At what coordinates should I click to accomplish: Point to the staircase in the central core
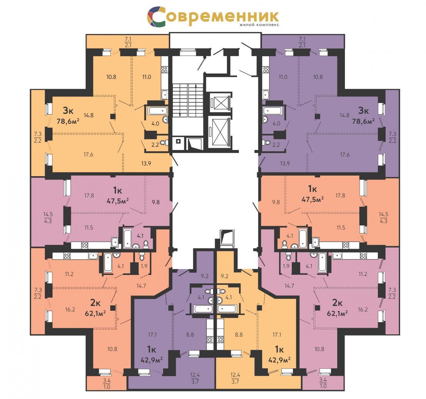click(x=188, y=100)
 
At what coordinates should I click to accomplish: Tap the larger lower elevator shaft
click(x=221, y=133)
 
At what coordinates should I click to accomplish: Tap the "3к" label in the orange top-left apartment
click(x=68, y=110)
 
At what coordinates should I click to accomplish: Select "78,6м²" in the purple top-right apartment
click(x=363, y=121)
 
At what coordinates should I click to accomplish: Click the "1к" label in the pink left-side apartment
click(x=118, y=190)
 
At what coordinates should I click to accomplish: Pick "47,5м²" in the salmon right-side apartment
click(x=312, y=199)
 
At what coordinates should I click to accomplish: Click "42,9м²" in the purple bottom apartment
click(x=152, y=360)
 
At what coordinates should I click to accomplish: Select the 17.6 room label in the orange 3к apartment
click(x=88, y=154)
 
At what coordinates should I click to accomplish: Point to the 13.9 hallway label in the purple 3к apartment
click(x=285, y=163)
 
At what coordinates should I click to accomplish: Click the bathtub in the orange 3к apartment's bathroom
click(x=157, y=110)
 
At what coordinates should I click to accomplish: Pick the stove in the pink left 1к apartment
click(x=84, y=245)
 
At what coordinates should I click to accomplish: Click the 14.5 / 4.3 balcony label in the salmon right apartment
click(x=383, y=218)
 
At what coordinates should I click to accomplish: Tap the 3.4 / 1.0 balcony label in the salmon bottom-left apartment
click(x=107, y=383)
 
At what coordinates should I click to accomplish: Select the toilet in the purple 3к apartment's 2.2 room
click(x=266, y=142)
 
